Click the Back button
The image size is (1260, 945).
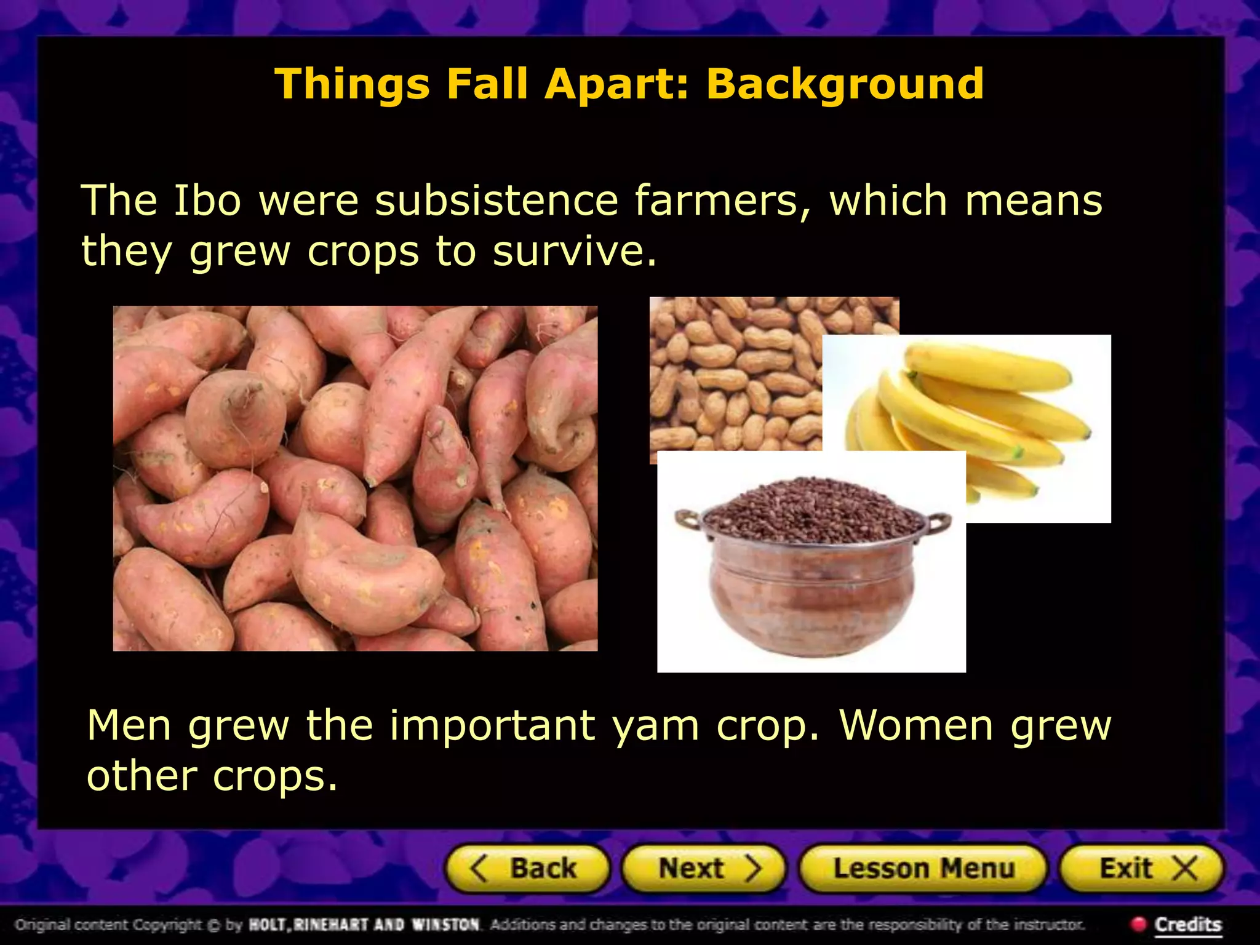(527, 869)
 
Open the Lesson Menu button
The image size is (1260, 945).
(923, 869)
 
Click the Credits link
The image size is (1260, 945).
(1187, 925)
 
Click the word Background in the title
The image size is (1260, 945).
(844, 84)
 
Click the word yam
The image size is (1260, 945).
(655, 726)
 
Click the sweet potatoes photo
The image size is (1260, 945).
(355, 478)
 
